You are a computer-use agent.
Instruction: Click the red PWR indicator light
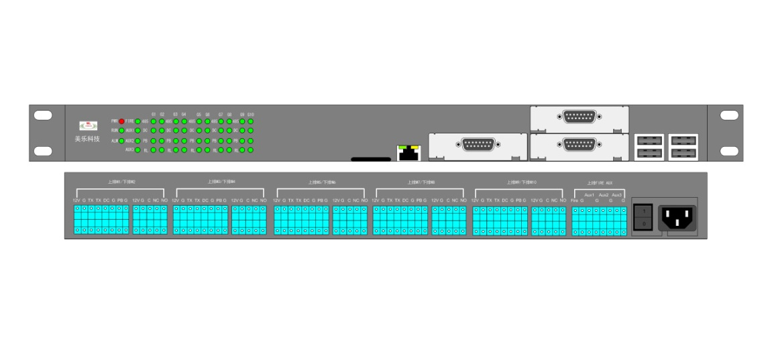pyautogui.click(x=121, y=121)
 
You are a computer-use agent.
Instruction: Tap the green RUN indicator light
pyautogui.click(x=121, y=130)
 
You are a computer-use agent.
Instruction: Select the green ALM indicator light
pyautogui.click(x=121, y=141)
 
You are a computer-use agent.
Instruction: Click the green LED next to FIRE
pyautogui.click(x=137, y=121)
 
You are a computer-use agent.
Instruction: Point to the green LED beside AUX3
pyautogui.click(x=137, y=150)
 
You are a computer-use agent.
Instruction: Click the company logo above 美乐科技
pyautogui.click(x=87, y=125)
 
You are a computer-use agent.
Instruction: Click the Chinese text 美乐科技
pyautogui.click(x=87, y=139)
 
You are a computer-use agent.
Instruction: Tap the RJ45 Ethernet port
pyautogui.click(x=406, y=153)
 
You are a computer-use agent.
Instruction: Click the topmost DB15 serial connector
pyautogui.click(x=579, y=117)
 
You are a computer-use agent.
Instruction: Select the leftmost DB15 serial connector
pyautogui.click(x=478, y=144)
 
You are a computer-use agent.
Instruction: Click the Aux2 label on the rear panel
pyautogui.click(x=604, y=194)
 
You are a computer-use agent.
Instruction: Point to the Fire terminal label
pyautogui.click(x=575, y=200)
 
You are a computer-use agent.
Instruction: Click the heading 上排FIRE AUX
pyautogui.click(x=600, y=182)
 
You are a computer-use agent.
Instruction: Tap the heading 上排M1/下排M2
pyautogui.click(x=121, y=182)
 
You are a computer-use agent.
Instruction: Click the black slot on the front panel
pyautogui.click(x=370, y=160)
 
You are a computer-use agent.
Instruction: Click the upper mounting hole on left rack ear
pyautogui.click(x=43, y=115)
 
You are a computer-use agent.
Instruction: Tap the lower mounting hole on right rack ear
pyautogui.click(x=729, y=150)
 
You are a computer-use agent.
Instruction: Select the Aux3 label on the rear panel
pyautogui.click(x=617, y=194)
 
